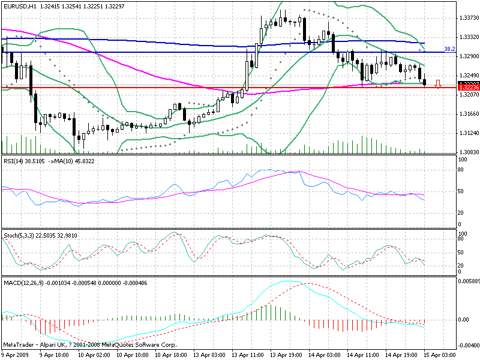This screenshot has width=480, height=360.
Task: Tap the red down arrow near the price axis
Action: point(438,84)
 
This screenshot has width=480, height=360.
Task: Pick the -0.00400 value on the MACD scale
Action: point(467,346)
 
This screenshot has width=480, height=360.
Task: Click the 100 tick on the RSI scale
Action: point(463,160)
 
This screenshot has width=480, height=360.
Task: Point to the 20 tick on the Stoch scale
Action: point(461,265)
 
